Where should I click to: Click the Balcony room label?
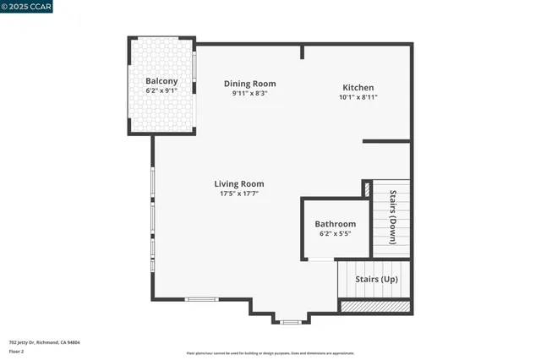[161, 81]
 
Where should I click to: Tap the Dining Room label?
[249, 84]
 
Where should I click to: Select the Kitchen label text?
[358, 88]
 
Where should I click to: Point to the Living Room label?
[238, 183]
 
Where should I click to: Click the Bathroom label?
[336, 224]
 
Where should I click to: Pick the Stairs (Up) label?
[376, 279]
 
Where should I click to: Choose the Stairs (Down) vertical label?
[393, 218]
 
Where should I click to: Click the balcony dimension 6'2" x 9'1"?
[161, 90]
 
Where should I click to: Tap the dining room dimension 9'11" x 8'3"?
[249, 93]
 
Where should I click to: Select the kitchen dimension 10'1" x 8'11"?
[358, 97]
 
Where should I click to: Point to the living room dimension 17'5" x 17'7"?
[238, 194]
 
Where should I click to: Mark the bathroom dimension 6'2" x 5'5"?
[336, 234]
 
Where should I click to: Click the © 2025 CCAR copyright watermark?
[26, 7]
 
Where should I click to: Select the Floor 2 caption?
[16, 351]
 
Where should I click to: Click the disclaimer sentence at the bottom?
[270, 352]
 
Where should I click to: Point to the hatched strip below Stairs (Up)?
[374, 306]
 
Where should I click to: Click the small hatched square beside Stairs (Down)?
[367, 188]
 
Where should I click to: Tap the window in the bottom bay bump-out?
[290, 322]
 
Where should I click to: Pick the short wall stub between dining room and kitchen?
[303, 52]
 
